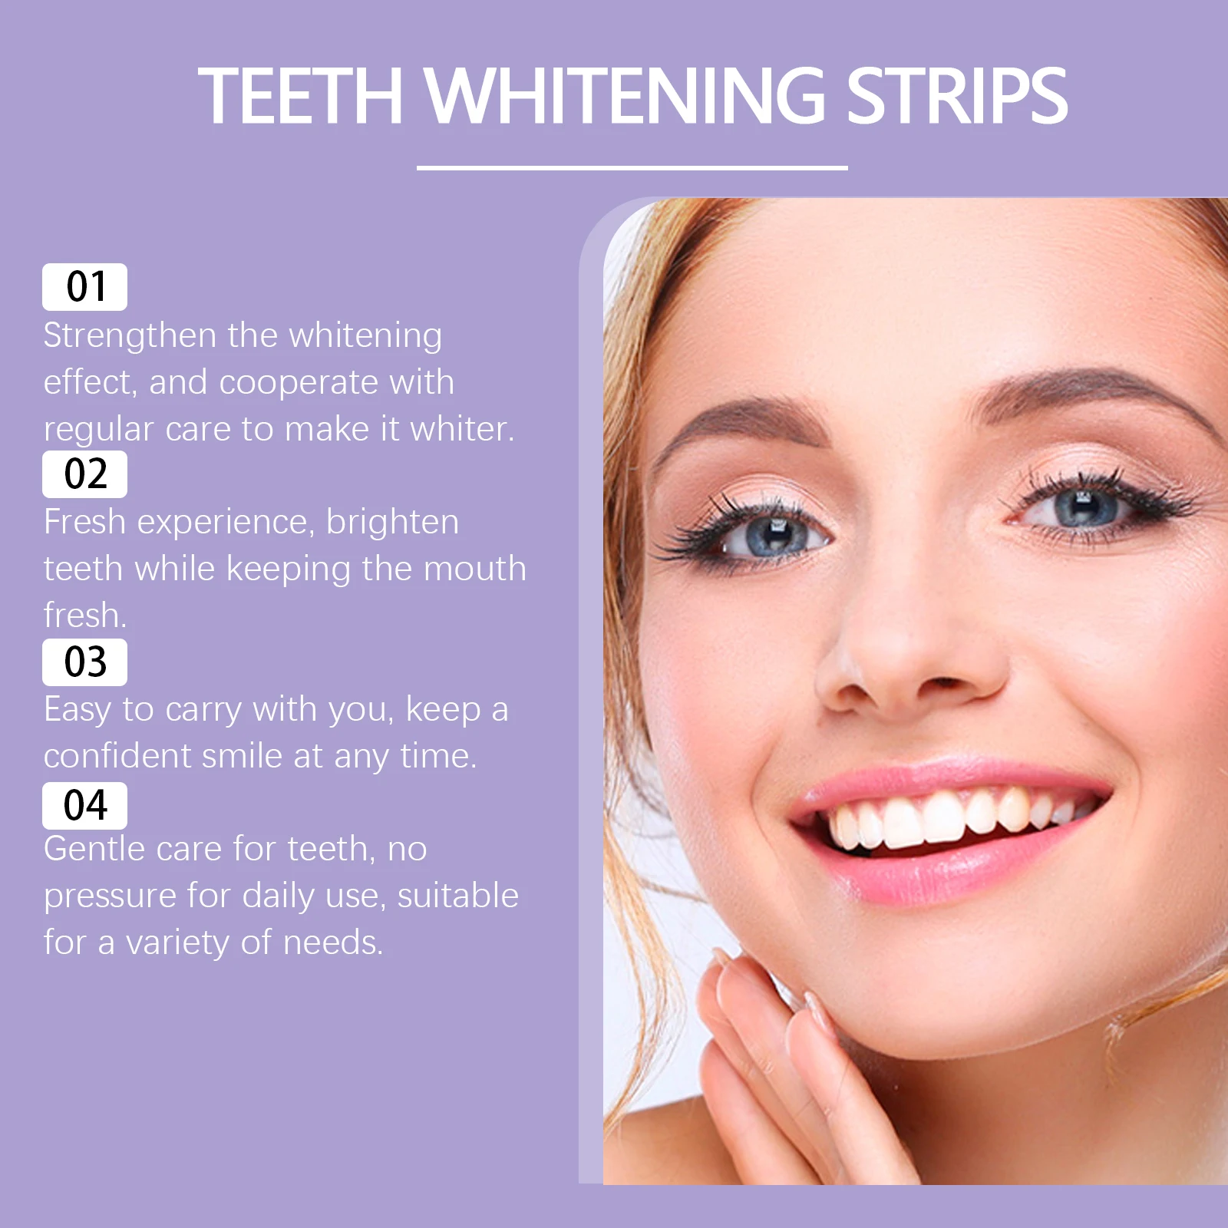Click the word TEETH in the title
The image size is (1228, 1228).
click(300, 96)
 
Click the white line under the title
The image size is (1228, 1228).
click(632, 167)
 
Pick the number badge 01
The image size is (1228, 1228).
click(84, 287)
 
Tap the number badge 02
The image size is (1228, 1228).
click(84, 474)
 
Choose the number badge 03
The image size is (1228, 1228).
click(84, 662)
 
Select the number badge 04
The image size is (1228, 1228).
click(84, 806)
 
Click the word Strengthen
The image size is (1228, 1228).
click(130, 336)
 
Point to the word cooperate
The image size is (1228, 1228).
click(299, 383)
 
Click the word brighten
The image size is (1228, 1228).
click(392, 523)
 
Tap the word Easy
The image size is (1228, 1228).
click(77, 710)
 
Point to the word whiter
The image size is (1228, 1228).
click(460, 429)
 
